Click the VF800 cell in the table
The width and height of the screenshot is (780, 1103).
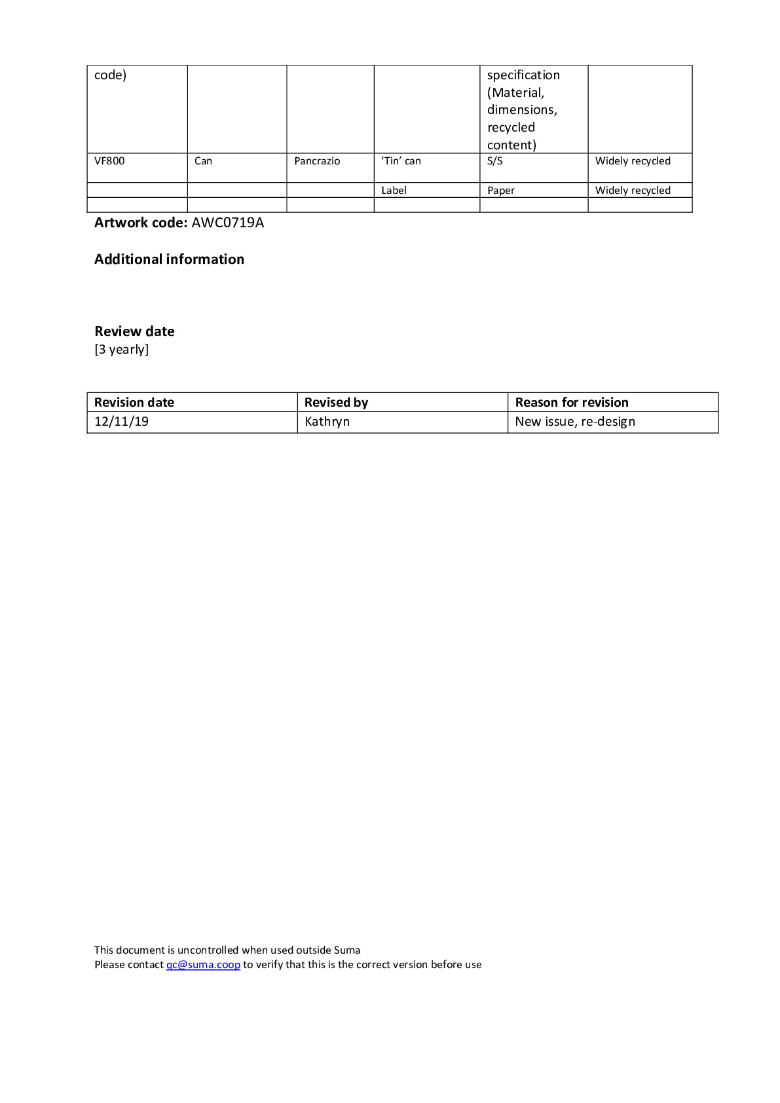(x=109, y=161)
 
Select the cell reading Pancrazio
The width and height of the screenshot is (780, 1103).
(x=317, y=161)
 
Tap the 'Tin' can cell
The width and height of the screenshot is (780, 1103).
(x=401, y=161)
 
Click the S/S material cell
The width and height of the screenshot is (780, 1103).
(x=495, y=161)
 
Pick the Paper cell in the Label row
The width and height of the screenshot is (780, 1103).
(x=501, y=191)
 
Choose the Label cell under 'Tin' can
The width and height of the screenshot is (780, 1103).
(x=394, y=191)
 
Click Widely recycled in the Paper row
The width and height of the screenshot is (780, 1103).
(x=633, y=191)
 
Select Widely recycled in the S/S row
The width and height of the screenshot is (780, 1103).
(x=633, y=161)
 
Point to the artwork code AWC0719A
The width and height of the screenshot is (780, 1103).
(x=228, y=223)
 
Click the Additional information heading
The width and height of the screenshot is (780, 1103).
(x=169, y=259)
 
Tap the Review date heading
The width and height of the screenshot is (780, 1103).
(x=134, y=331)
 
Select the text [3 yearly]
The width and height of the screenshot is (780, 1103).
(x=122, y=349)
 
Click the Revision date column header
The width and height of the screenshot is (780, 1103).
(x=134, y=403)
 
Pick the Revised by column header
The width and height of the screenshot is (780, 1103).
(x=336, y=403)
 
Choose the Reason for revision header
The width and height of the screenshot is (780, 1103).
(x=572, y=403)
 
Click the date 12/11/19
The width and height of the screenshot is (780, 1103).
(x=121, y=422)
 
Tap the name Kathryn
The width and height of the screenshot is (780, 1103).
(x=327, y=422)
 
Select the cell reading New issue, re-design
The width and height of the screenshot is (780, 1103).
(x=575, y=422)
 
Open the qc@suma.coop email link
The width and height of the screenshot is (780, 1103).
(x=203, y=965)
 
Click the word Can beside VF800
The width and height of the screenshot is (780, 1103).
(x=203, y=161)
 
